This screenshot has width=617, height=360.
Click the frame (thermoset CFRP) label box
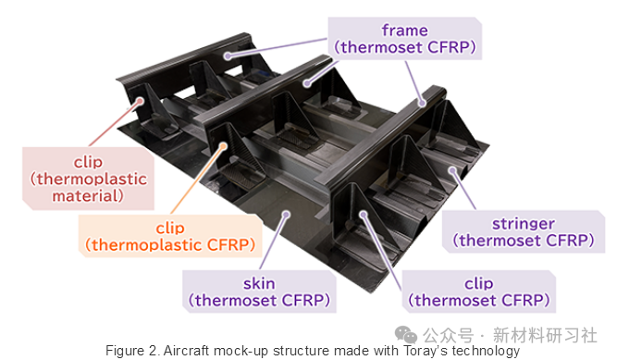(x=405, y=38)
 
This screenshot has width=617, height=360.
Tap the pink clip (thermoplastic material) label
(x=88, y=179)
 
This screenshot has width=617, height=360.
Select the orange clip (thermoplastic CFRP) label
(x=170, y=236)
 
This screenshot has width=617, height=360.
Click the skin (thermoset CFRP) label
(x=259, y=292)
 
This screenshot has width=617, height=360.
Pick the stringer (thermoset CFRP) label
(x=524, y=231)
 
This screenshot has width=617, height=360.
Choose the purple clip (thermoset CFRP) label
(x=478, y=292)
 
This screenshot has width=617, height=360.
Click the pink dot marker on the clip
(x=140, y=101)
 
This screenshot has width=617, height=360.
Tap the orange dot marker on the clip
(x=223, y=146)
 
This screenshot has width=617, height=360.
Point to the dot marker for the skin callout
(x=287, y=215)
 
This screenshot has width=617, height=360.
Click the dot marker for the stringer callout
(x=453, y=170)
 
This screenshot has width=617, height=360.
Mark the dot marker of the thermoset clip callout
(x=364, y=215)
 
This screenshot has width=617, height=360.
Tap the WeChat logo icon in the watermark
(x=406, y=335)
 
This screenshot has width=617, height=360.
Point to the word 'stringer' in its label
(x=524, y=224)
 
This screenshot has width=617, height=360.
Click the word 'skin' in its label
(x=259, y=283)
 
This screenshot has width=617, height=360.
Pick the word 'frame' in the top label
(x=405, y=31)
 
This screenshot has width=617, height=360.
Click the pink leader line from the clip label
(x=114, y=124)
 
